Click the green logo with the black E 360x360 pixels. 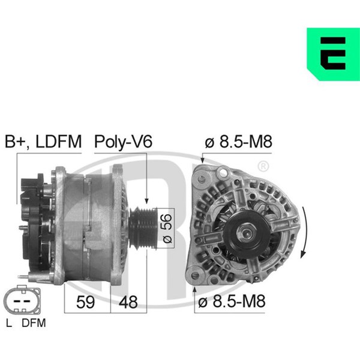(x=333, y=54)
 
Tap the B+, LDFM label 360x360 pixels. (x=43, y=142)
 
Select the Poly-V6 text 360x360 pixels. (x=123, y=142)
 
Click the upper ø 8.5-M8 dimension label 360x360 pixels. (x=238, y=142)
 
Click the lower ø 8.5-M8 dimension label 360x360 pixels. (x=232, y=301)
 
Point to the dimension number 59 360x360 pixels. (x=85, y=302)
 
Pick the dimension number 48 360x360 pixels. (x=128, y=302)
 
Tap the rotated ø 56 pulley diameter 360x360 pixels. (x=167, y=228)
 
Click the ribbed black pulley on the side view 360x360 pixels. (x=143, y=228)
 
